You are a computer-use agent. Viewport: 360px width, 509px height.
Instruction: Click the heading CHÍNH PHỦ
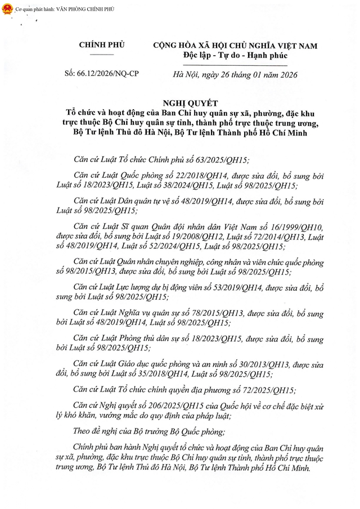102,44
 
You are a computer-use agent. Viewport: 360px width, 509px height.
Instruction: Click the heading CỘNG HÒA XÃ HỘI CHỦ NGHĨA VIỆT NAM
235,45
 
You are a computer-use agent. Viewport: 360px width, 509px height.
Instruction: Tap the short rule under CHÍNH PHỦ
102,55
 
